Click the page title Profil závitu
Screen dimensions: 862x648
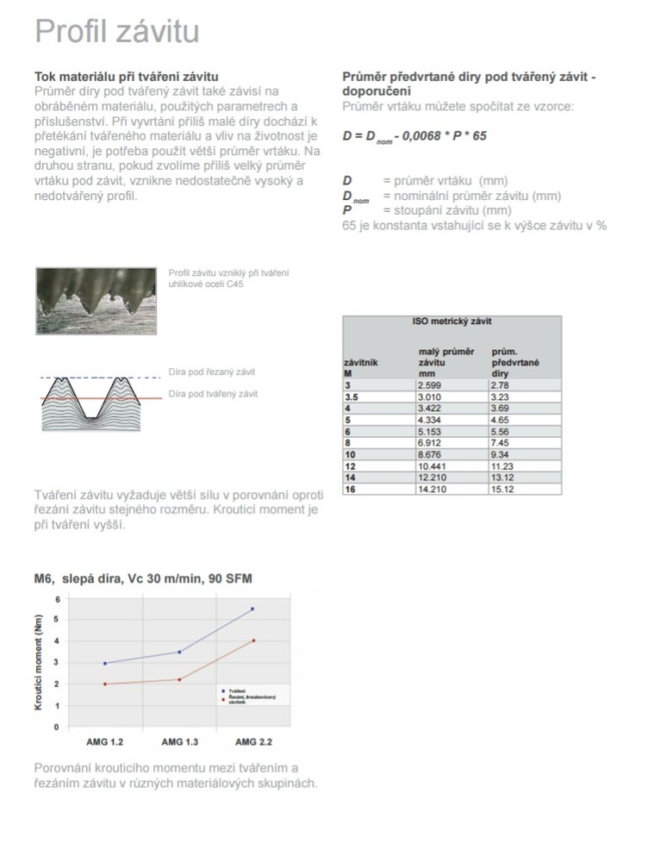coord(116,32)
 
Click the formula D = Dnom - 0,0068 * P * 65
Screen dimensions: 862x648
coord(414,136)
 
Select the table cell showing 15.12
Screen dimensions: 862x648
coord(503,489)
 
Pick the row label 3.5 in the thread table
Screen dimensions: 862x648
coord(351,396)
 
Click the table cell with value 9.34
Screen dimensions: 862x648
coord(502,453)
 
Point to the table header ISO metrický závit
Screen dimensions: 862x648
coord(452,322)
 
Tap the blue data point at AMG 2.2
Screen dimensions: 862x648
coord(252,609)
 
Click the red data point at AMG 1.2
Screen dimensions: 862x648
coord(105,684)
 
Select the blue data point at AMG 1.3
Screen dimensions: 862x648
coord(179,652)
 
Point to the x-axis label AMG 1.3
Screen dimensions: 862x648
coord(179,741)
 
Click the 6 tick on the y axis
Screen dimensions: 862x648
coord(57,598)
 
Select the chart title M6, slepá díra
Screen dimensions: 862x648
coord(143,578)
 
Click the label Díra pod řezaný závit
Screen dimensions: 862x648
coord(212,372)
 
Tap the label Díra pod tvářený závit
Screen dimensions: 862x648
coord(213,394)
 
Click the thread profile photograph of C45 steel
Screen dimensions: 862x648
coord(96,301)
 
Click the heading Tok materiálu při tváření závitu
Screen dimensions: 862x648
coord(126,78)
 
